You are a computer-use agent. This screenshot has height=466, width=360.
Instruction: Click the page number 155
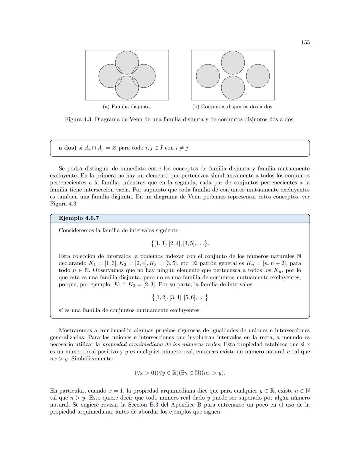click(x=305, y=42)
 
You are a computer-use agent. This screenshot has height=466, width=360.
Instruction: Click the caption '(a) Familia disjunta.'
click(x=127, y=107)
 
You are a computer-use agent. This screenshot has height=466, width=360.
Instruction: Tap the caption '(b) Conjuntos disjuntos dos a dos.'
click(x=233, y=107)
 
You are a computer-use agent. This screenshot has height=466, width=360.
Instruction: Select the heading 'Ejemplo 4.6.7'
click(x=79, y=218)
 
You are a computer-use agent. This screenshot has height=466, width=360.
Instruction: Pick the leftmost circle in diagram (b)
click(x=208, y=76)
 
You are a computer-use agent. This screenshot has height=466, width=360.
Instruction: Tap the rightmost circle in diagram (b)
click(x=258, y=76)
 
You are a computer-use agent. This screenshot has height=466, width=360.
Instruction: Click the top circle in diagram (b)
click(x=233, y=63)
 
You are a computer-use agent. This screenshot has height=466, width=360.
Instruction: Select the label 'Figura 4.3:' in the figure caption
click(x=78, y=119)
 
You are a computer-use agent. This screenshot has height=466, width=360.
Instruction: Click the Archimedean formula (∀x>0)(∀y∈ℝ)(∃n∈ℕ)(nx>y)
click(x=180, y=373)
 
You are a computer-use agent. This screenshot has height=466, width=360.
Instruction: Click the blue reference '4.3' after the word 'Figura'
click(x=72, y=204)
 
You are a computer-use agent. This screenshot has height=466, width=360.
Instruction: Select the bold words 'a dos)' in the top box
click(x=68, y=148)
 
